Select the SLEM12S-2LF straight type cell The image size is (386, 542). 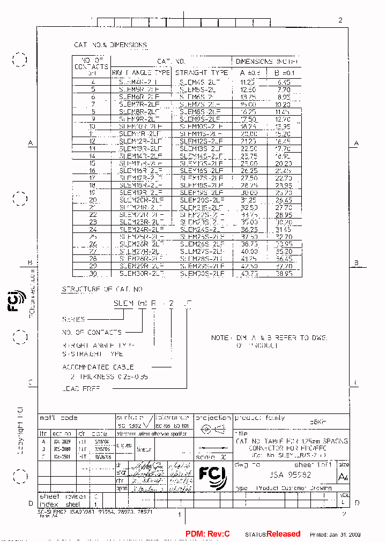click(201, 141)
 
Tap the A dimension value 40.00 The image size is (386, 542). click(249, 251)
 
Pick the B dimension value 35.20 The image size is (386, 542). click(284, 251)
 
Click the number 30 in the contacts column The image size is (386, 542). click(93, 273)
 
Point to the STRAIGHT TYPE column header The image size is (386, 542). click(202, 72)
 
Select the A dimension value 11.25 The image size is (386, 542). click(249, 82)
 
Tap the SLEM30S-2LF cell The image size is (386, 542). click(201, 273)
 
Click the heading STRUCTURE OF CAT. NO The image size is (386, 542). click(102, 289)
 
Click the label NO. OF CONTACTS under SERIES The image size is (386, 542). click(92, 332)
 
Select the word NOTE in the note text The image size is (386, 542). click(220, 338)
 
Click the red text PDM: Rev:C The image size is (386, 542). click(207, 534)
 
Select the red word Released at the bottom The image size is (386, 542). click(284, 534)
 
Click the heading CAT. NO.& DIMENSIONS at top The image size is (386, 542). click(110, 46)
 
